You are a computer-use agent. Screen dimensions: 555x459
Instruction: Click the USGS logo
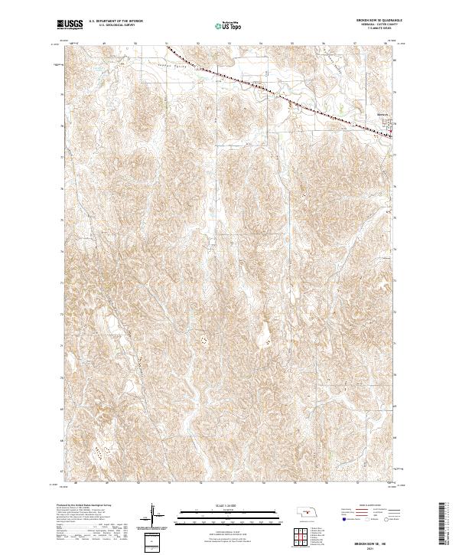pos(70,25)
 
